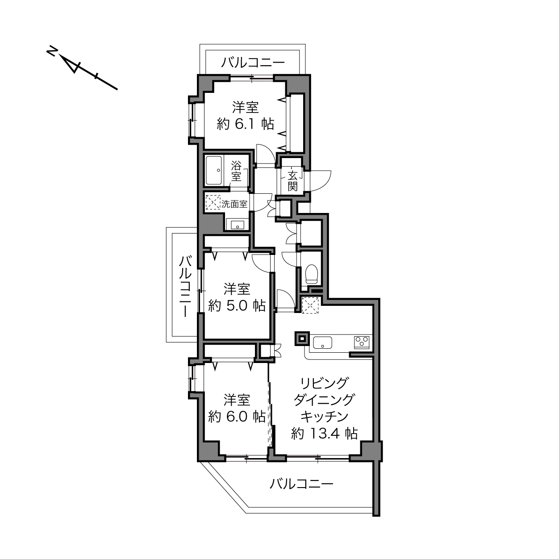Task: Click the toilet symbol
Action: pos(312,274)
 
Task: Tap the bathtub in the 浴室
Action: pos(214,171)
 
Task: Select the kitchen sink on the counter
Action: pos(322,342)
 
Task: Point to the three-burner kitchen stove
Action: pos(362,342)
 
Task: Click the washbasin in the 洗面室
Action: pos(238,225)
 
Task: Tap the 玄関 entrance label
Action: pos(292,181)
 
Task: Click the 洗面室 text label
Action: pos(234,204)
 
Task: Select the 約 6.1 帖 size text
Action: pos(246,125)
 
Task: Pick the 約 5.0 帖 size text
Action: pos(237,305)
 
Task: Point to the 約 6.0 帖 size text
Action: pos(237,417)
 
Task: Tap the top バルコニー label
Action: pos(253,63)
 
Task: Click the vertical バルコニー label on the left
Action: pos(185,287)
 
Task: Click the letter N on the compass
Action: pos(52,51)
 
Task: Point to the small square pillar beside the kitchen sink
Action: pos(302,338)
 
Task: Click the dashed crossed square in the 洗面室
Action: pos(213,202)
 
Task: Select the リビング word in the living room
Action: pos(324,384)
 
